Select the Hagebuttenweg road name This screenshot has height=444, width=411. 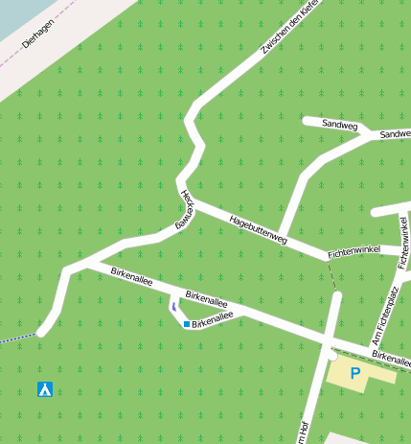259,230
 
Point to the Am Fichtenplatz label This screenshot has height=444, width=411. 384,315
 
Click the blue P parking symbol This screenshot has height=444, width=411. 354,373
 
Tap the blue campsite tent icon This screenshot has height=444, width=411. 44,389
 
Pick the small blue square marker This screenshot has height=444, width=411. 186,324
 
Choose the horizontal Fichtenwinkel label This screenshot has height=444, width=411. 354,251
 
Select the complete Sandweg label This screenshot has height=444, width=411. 339,125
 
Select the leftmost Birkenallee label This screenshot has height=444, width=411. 131,277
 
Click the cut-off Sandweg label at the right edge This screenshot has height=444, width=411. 395,135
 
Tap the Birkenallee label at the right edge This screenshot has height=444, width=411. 392,357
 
